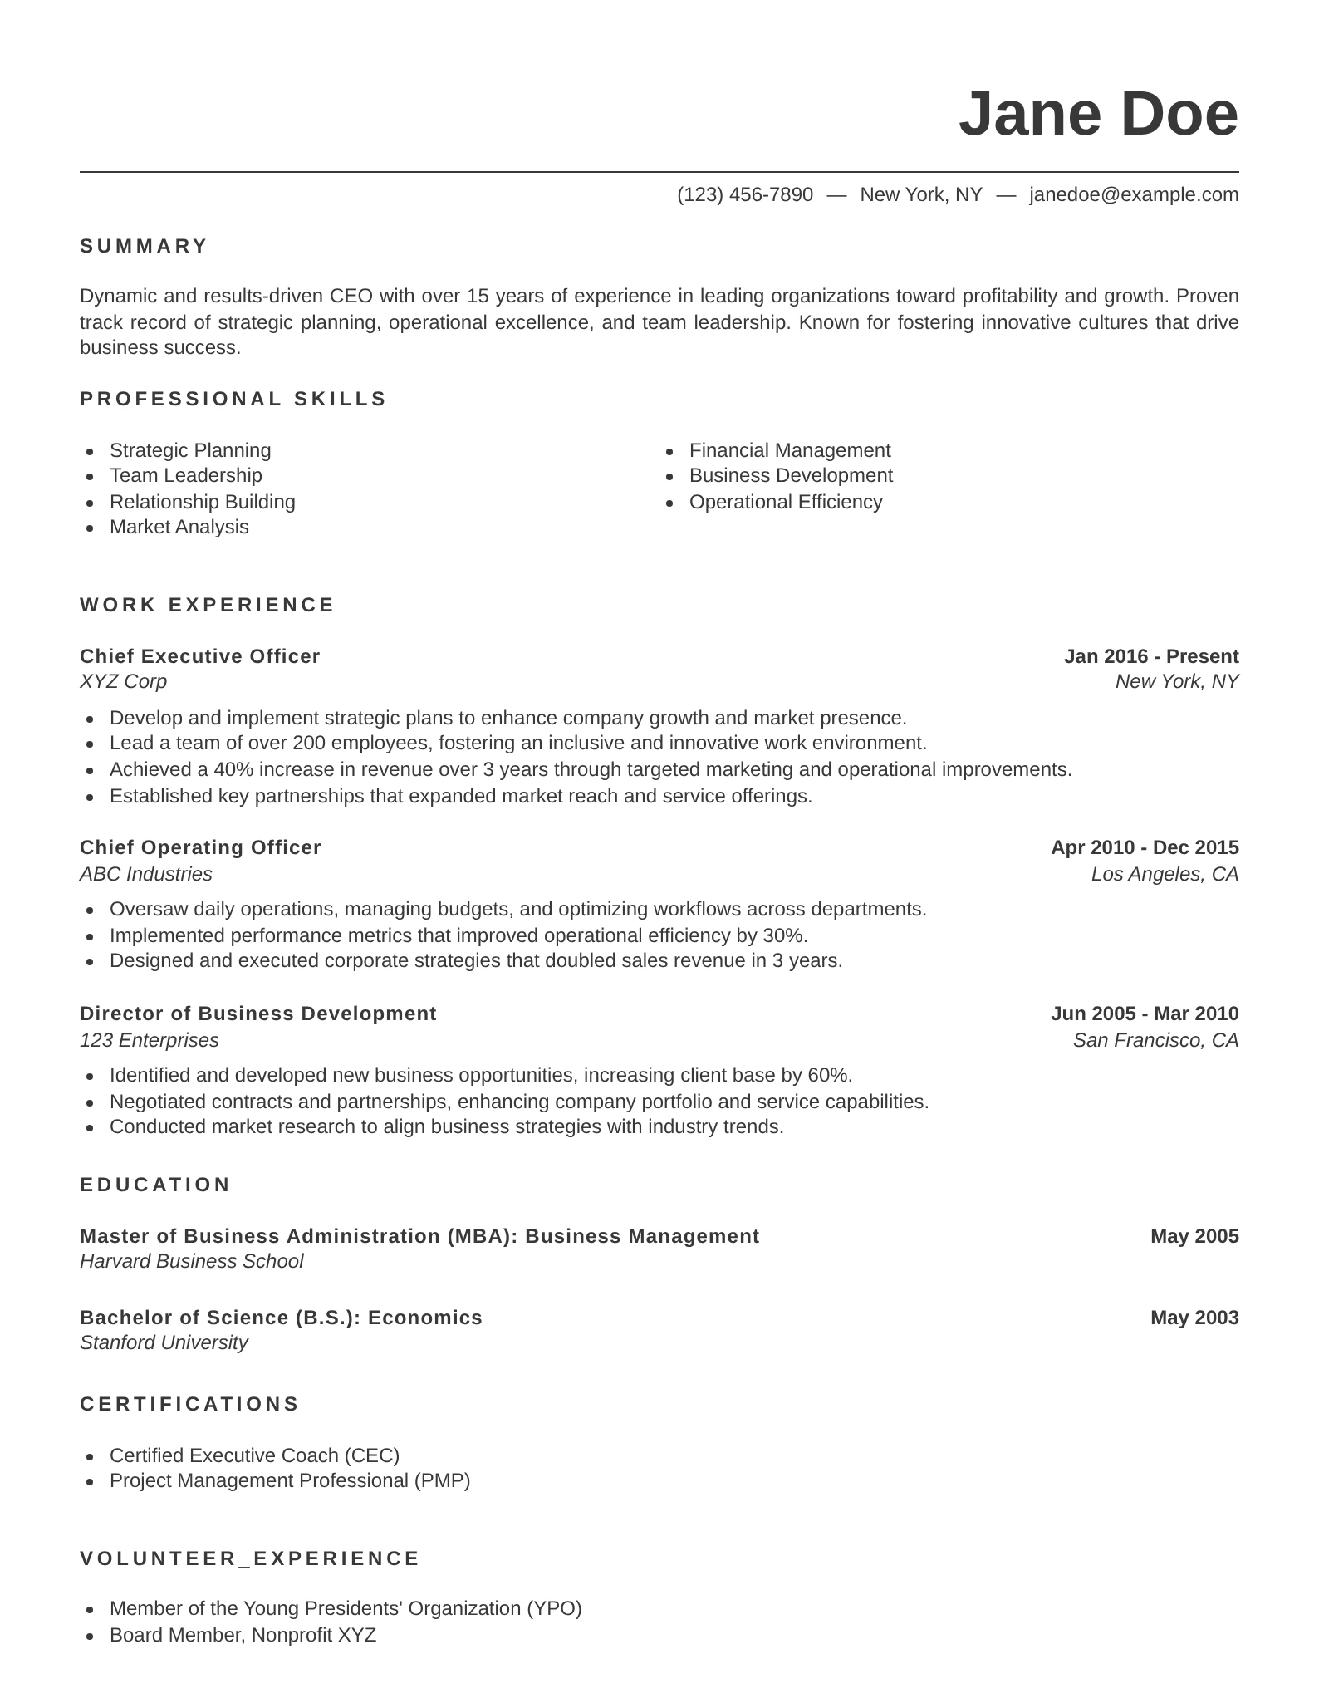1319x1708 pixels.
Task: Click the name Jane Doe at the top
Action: coord(1097,114)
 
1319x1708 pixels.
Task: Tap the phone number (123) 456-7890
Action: coord(745,194)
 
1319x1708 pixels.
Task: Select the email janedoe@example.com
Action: coord(1133,194)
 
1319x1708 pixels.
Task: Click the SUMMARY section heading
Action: coord(144,246)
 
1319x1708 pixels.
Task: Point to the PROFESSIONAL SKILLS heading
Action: coord(233,399)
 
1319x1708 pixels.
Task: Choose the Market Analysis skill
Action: coord(179,527)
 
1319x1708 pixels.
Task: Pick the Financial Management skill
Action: coord(789,450)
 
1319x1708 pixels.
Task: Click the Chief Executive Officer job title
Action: coord(199,656)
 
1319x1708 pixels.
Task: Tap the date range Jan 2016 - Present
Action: coord(1150,656)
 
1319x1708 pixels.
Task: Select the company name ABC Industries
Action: coord(146,874)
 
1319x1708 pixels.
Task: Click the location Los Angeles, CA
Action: coord(1165,874)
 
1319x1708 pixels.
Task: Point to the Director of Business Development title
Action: coord(257,1014)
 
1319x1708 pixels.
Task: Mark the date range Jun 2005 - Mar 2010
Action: coord(1144,1014)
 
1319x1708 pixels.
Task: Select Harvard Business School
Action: coord(191,1261)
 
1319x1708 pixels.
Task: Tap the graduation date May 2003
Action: coord(1194,1318)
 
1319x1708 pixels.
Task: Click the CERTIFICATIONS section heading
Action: coord(189,1404)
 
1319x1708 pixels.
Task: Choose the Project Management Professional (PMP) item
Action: coord(290,1480)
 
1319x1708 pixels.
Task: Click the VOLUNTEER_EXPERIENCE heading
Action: coord(250,1558)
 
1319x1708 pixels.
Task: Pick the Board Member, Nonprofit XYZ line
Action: coord(243,1635)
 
